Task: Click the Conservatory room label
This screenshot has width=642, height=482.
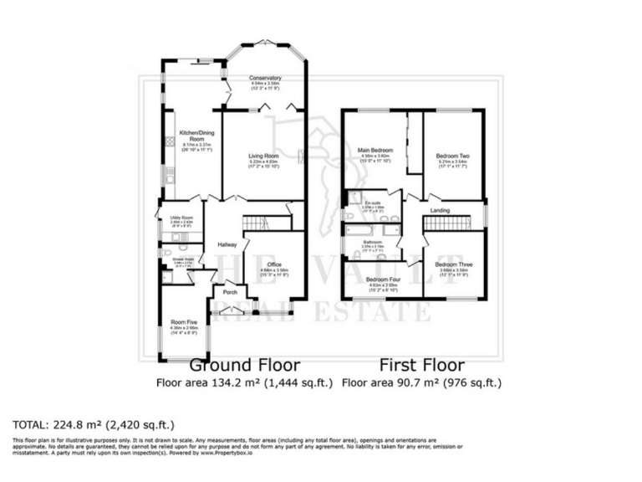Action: pyautogui.click(x=265, y=78)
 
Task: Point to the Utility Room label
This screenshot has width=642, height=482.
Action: pyautogui.click(x=170, y=218)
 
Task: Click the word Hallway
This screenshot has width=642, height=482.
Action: pyautogui.click(x=228, y=244)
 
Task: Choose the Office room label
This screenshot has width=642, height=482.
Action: pyautogui.click(x=274, y=264)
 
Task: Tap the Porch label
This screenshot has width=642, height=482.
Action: pyautogui.click(x=229, y=293)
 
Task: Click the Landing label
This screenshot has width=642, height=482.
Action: pyautogui.click(x=441, y=210)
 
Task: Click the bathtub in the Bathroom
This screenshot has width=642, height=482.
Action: pyautogui.click(x=371, y=229)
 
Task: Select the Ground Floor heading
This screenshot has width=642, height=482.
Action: pyautogui.click(x=244, y=365)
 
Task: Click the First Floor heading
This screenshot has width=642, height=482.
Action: pyautogui.click(x=422, y=365)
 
